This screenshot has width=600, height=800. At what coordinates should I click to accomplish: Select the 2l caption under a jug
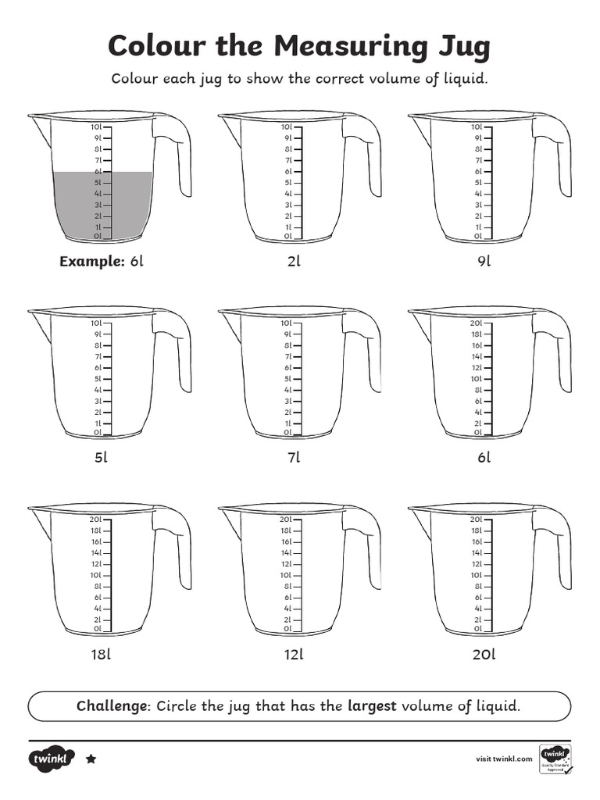point(294,262)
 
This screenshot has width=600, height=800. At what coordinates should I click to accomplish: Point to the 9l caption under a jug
point(484,262)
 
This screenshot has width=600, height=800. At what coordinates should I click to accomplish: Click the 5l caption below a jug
point(102,458)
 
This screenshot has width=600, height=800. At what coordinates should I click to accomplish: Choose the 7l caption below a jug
point(294,458)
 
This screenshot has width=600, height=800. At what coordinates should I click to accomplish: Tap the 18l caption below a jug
point(102,655)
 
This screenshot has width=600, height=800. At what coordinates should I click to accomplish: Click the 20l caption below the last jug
point(484,655)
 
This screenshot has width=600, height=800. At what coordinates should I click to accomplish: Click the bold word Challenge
point(112,706)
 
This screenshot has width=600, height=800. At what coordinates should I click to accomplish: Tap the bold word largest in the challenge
point(372,706)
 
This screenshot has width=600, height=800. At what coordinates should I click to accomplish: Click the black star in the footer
point(91,759)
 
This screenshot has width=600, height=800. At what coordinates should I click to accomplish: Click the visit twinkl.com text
point(504,759)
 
